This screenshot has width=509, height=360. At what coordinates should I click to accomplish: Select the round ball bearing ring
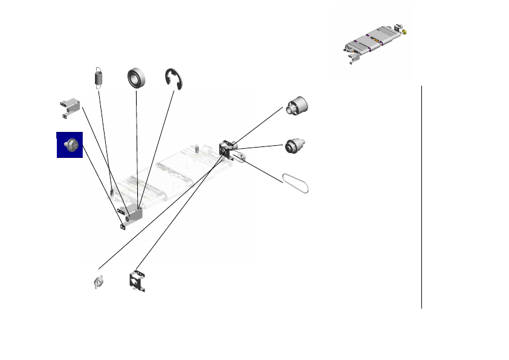[138, 79]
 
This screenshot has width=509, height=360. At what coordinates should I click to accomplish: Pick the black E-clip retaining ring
[175, 80]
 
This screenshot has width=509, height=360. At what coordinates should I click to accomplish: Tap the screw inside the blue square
[70, 145]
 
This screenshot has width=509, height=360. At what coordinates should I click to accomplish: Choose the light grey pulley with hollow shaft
[296, 106]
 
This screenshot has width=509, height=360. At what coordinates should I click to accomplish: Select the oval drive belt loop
[296, 183]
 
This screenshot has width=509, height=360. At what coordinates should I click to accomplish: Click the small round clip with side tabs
[100, 282]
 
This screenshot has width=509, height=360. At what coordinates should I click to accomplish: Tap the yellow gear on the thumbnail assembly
[404, 31]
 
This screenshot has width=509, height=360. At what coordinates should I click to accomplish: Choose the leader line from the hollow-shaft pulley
[257, 125]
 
